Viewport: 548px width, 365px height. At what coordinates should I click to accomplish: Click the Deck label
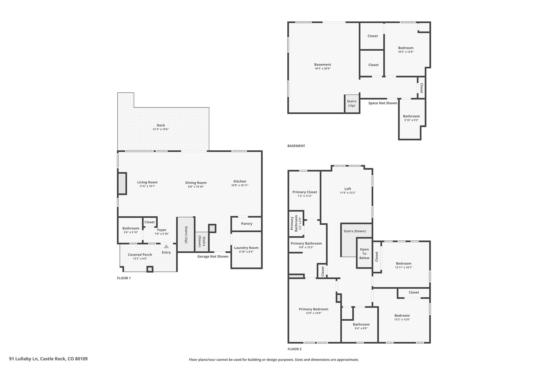(x=161, y=125)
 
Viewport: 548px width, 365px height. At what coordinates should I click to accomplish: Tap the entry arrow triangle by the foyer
(x=166, y=247)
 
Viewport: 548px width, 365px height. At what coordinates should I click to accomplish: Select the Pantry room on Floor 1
(x=246, y=224)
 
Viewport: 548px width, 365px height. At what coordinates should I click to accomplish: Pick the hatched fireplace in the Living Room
(x=122, y=183)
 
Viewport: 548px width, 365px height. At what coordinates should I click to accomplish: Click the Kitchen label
(x=240, y=181)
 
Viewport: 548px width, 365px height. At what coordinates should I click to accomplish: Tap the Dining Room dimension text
(x=196, y=187)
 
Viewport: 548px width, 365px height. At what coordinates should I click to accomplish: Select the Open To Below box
(x=364, y=253)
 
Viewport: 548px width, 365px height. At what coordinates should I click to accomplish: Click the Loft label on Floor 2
(x=348, y=189)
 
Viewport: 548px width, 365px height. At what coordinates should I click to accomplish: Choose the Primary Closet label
(x=305, y=192)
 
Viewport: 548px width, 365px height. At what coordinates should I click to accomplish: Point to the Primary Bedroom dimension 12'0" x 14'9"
(x=314, y=313)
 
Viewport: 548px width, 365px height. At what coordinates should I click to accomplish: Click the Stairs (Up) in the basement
(x=352, y=103)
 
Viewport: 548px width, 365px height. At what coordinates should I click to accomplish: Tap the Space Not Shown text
(x=383, y=103)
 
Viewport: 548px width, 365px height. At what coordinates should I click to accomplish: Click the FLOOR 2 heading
(x=295, y=349)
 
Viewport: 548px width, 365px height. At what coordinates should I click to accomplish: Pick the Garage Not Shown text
(x=213, y=256)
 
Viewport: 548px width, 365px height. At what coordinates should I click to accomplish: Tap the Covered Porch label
(x=140, y=255)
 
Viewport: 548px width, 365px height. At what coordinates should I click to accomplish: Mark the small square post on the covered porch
(x=150, y=269)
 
